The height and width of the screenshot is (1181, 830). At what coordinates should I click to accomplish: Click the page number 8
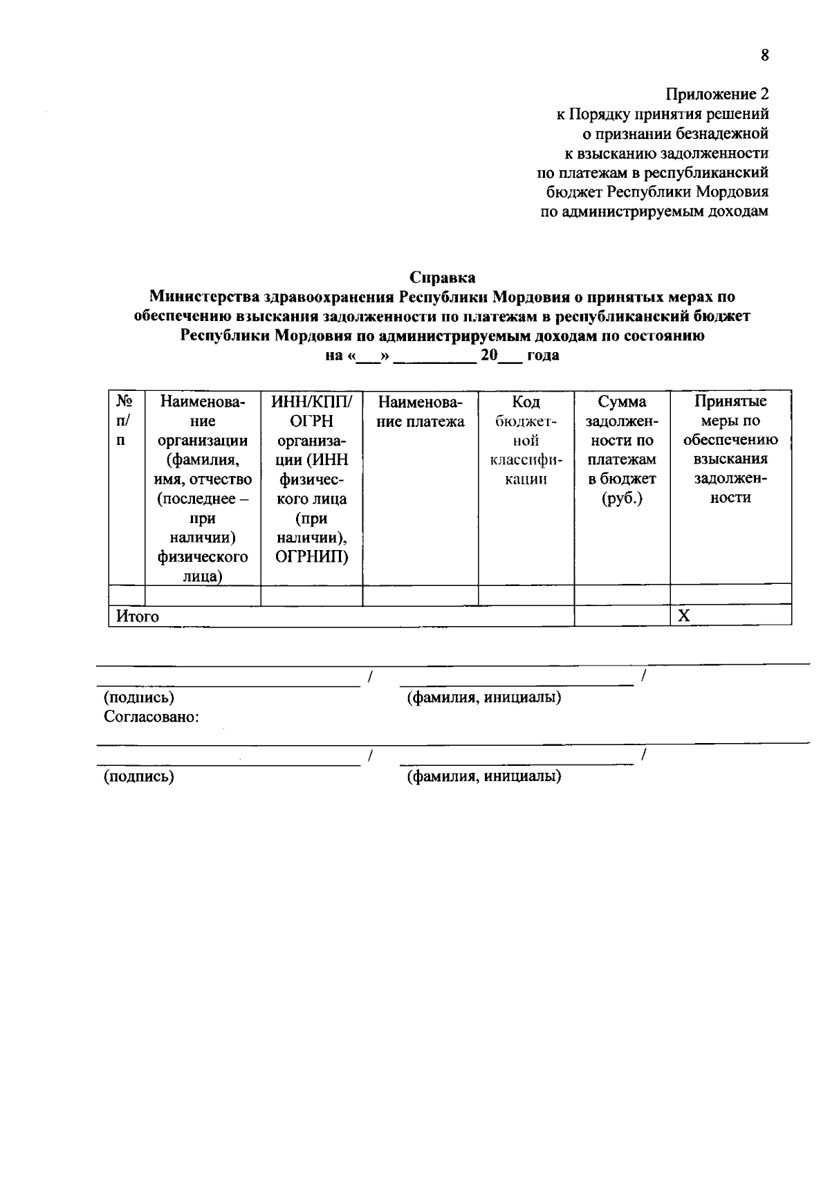pyautogui.click(x=764, y=56)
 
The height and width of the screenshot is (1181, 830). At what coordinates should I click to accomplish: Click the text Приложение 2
pyautogui.click(x=717, y=94)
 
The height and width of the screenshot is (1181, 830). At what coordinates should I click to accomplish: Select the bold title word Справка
pyautogui.click(x=442, y=278)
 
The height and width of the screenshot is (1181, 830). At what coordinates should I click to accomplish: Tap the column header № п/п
pyautogui.click(x=124, y=421)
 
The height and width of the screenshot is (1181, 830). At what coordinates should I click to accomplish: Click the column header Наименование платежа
pyautogui.click(x=421, y=412)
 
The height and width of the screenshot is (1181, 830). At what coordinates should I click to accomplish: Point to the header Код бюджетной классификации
pyautogui.click(x=526, y=440)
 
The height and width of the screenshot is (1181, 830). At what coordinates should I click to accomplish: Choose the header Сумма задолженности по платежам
pyautogui.click(x=622, y=450)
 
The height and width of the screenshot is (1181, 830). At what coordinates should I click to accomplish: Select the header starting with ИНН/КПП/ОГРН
pyautogui.click(x=311, y=479)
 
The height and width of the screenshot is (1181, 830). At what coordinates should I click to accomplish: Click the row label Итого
pyautogui.click(x=137, y=616)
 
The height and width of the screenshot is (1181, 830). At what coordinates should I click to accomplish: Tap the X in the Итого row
pyautogui.click(x=683, y=616)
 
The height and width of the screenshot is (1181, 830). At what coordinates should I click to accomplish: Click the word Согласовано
pyautogui.click(x=151, y=717)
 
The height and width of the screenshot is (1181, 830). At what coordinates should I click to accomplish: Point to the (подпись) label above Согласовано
pyautogui.click(x=139, y=697)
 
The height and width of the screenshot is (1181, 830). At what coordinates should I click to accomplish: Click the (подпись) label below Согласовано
pyautogui.click(x=139, y=776)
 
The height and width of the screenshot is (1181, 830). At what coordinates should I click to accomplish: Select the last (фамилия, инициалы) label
pyautogui.click(x=483, y=776)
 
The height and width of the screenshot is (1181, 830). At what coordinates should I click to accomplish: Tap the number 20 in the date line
pyautogui.click(x=489, y=356)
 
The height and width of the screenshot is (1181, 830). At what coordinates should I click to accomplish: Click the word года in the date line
pyautogui.click(x=543, y=356)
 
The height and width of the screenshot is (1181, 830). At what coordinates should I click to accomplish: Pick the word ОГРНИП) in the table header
pyautogui.click(x=312, y=557)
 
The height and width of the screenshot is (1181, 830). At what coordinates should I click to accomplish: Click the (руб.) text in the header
pyautogui.click(x=622, y=499)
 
